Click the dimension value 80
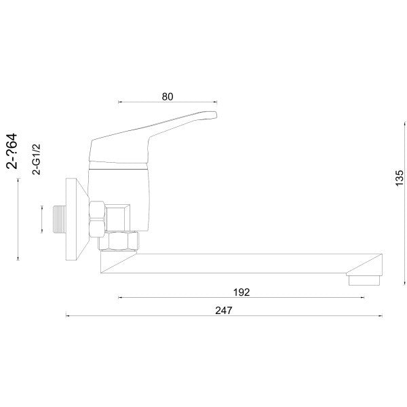pos(168,96)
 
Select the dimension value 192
pos(241,292)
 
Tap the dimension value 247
pos(223,311)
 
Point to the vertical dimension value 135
pos(400,178)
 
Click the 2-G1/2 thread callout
pos(37,159)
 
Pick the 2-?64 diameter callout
pos(12,151)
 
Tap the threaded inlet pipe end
pos(59,219)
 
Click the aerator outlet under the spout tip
pos(364,280)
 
